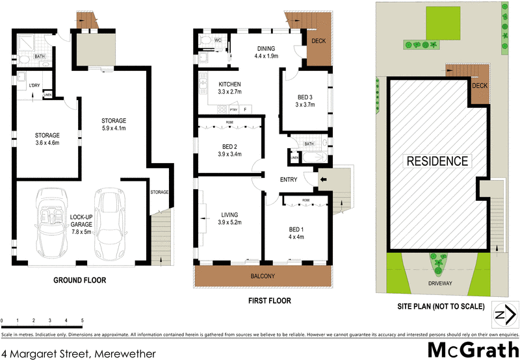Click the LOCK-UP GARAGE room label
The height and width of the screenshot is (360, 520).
(x=82, y=219)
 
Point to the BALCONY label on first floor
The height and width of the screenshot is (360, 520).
(x=263, y=277)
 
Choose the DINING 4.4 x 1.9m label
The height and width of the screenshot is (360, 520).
(x=266, y=52)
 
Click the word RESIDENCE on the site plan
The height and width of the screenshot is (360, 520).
(x=437, y=161)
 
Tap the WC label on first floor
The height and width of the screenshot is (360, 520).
(x=218, y=40)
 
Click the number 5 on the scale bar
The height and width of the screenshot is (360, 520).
(x=83, y=321)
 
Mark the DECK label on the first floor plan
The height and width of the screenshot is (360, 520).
(x=318, y=42)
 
